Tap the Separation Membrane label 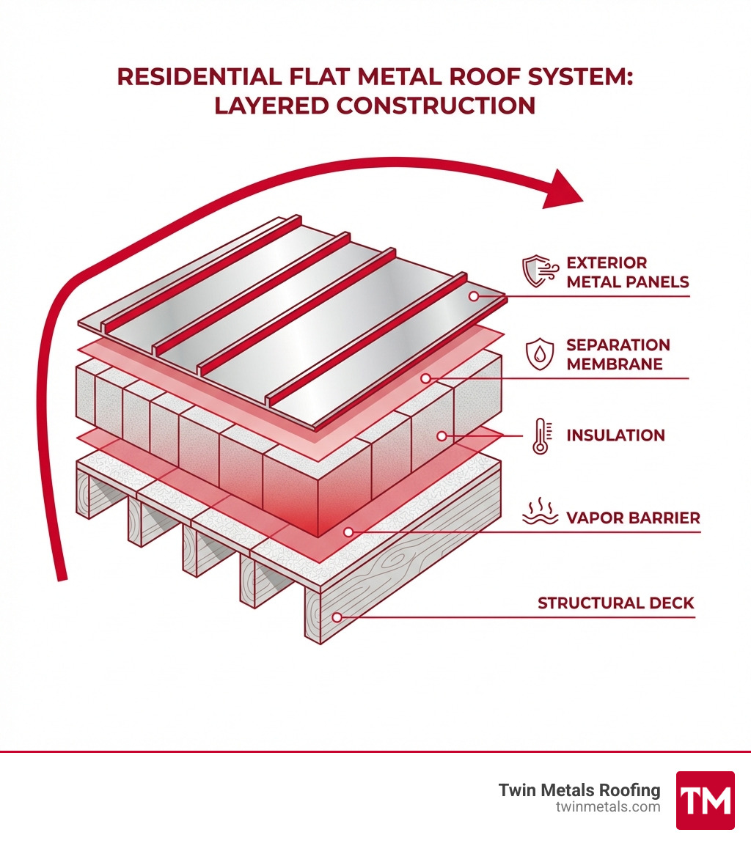618,354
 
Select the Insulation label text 615,435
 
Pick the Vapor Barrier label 633,518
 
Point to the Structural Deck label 615,603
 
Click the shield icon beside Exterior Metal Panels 538,271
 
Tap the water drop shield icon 540,354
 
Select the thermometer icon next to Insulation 541,436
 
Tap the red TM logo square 705,800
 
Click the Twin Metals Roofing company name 579,790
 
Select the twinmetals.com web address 608,807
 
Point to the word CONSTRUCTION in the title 436,106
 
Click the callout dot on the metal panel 475,296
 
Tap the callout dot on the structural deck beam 337,617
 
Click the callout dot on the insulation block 442,436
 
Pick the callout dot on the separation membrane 425,379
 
